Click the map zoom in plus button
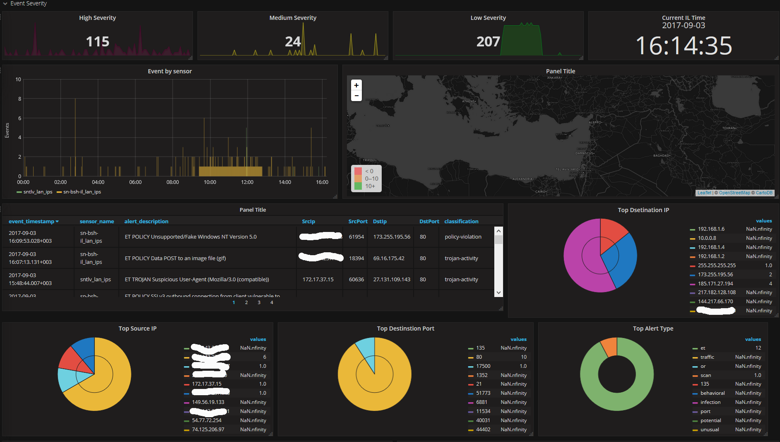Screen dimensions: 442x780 click(356, 85)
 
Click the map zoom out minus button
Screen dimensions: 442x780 click(356, 96)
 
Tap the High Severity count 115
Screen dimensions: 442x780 click(98, 42)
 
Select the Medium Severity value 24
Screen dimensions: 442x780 click(293, 42)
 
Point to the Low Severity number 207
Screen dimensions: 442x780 click(488, 42)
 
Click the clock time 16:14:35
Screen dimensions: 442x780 click(684, 46)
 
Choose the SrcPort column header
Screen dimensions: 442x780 click(358, 222)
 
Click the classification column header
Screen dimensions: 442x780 click(461, 222)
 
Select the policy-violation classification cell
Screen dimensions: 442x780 click(463, 237)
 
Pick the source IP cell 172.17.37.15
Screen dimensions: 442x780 click(318, 280)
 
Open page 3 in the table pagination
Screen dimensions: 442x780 click(259, 303)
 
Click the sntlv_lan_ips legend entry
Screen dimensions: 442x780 click(38, 192)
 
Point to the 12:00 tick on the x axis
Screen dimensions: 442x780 click(247, 182)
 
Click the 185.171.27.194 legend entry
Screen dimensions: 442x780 click(715, 284)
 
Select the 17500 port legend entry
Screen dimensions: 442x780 click(483, 366)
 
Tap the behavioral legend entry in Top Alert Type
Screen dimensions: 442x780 click(713, 394)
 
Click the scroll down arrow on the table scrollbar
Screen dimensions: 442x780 click(498, 292)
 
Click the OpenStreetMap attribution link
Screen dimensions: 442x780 click(734, 193)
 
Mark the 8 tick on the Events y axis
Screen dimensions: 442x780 click(19, 99)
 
